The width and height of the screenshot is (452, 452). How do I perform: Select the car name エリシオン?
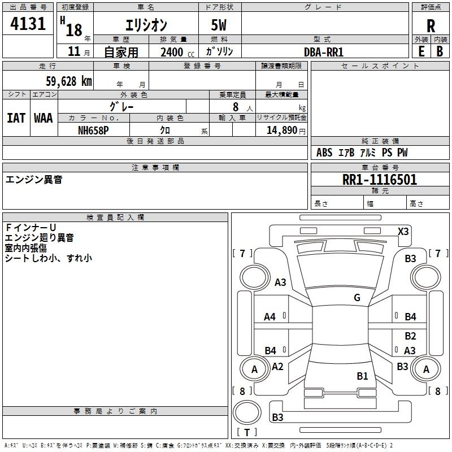click(x=145, y=25)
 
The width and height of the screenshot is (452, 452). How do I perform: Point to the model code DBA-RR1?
click(x=324, y=51)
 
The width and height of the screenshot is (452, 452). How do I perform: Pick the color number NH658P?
click(x=93, y=130)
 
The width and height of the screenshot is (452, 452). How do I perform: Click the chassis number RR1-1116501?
click(x=380, y=180)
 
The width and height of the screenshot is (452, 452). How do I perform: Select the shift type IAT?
click(x=16, y=118)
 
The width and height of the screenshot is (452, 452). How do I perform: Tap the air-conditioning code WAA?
click(x=44, y=118)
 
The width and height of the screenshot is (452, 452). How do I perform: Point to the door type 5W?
click(x=220, y=25)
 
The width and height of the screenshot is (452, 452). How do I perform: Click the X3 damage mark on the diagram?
click(x=403, y=231)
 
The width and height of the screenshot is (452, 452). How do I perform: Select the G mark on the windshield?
click(x=357, y=298)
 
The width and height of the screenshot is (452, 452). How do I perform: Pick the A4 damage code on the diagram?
click(x=270, y=317)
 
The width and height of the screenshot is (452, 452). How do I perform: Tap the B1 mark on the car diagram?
click(x=362, y=376)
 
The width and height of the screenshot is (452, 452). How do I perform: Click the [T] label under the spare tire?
click(x=246, y=432)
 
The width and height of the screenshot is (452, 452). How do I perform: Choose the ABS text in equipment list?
click(x=324, y=153)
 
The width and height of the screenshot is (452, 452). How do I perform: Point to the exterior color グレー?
click(x=121, y=106)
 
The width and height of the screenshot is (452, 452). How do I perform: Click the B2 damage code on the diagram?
click(x=410, y=336)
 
